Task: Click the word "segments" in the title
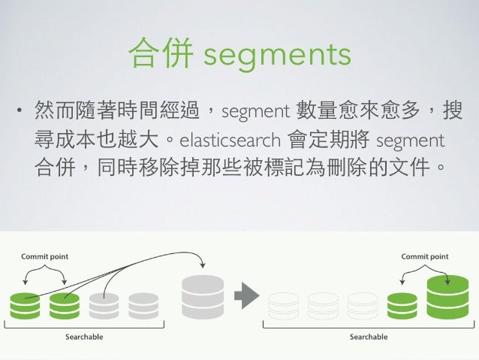(x=277, y=54)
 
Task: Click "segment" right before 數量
(x=255, y=113)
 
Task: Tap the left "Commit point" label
(x=44, y=256)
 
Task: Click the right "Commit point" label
(x=425, y=256)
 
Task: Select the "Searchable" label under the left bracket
(x=83, y=337)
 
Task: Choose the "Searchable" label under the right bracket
(x=369, y=337)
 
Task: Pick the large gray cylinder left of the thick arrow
(x=203, y=295)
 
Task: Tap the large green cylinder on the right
(x=447, y=297)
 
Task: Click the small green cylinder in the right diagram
(x=402, y=304)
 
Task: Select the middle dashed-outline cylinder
(x=323, y=304)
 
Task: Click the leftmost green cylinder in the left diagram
(x=25, y=304)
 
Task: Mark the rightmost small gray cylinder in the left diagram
(x=143, y=304)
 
